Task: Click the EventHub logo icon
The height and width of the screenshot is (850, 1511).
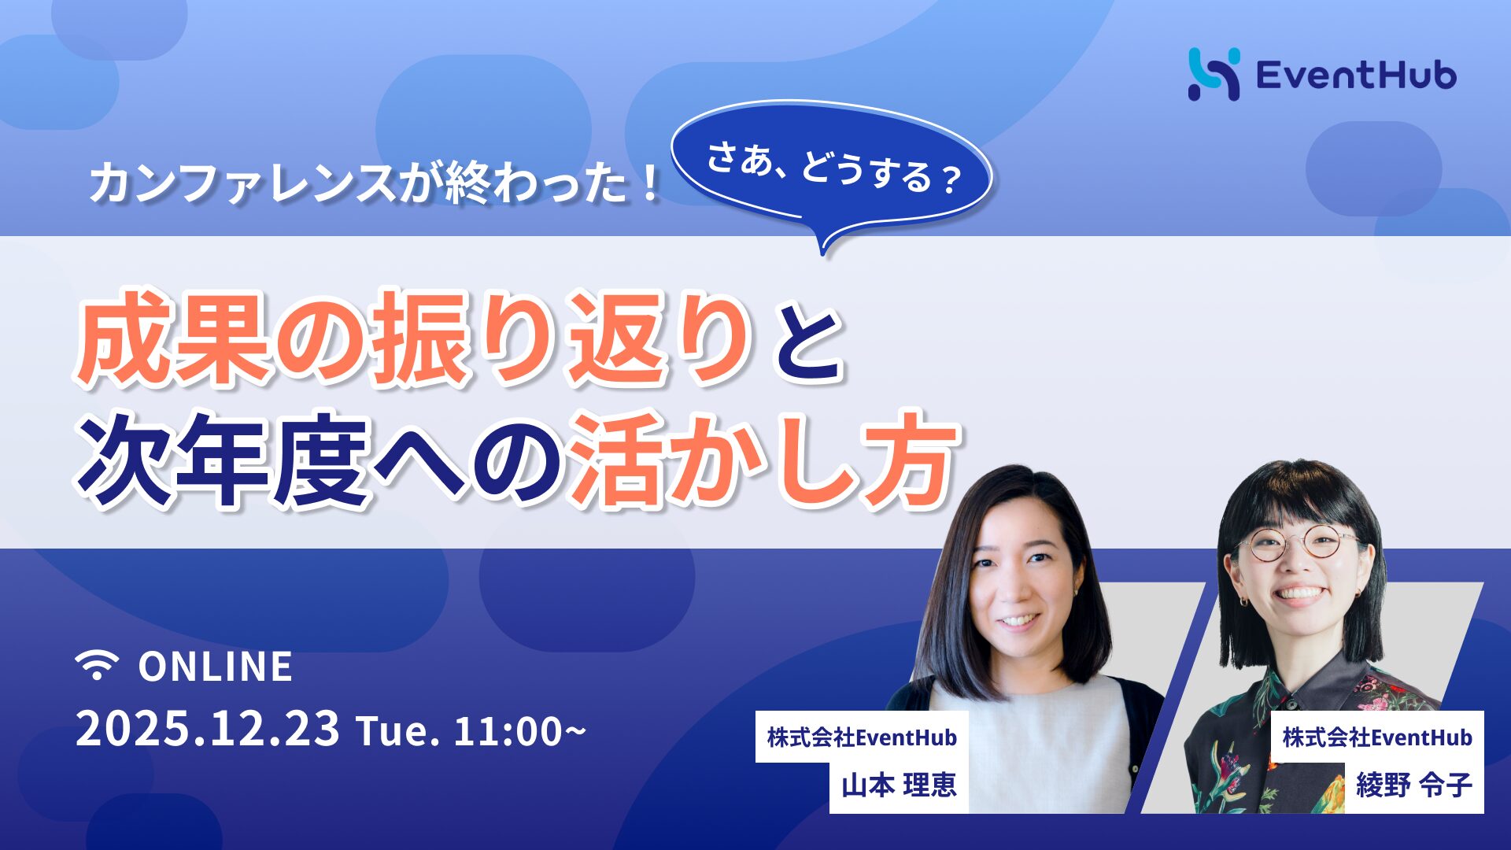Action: tap(1214, 74)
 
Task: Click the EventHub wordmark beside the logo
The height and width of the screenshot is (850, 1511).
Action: tap(1356, 76)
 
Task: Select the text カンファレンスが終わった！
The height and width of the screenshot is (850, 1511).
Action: tap(375, 183)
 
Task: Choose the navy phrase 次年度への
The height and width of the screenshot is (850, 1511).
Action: tap(319, 460)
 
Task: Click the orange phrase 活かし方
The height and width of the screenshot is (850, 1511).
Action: tap(763, 460)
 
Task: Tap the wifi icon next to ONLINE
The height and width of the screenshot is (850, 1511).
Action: tap(97, 666)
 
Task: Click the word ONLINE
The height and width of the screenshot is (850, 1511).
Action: tap(216, 667)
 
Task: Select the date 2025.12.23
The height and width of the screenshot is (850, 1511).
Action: tap(208, 730)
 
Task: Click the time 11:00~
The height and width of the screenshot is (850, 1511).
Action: tap(520, 731)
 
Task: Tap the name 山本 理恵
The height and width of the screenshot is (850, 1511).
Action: tap(899, 785)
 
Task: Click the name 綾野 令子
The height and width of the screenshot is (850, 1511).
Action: tap(1413, 785)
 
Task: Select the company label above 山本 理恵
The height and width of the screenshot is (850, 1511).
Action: tap(862, 737)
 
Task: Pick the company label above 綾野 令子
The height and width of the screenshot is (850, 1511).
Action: tap(1377, 737)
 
